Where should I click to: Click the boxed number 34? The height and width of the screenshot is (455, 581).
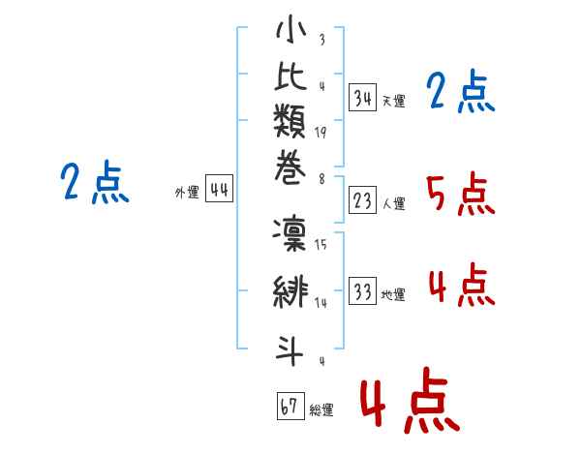coord(363,97)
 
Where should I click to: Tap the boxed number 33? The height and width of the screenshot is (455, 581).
coord(363,291)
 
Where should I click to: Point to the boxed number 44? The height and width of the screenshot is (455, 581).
coord(219,190)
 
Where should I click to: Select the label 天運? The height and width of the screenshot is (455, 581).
coord(393,101)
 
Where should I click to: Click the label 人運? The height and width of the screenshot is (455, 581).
coord(393,203)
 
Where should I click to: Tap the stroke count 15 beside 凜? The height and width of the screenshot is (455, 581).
coord(321,245)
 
